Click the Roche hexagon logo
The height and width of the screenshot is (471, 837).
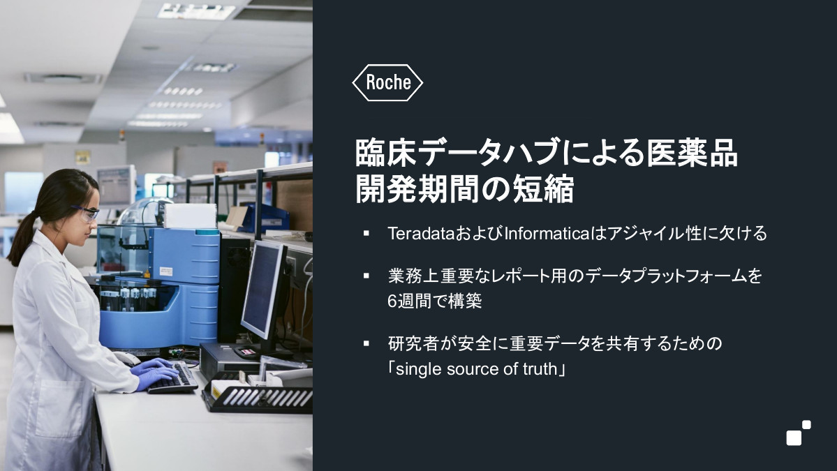(387, 82)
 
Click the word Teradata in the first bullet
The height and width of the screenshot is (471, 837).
(421, 234)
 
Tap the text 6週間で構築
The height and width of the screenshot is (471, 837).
(434, 301)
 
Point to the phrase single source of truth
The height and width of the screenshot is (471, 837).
(476, 368)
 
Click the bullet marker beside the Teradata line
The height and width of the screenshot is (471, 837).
(366, 233)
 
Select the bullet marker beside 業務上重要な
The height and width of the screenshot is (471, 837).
(366, 276)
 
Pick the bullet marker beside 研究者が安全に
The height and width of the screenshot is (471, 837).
(366, 343)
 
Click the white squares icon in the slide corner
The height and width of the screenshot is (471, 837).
(799, 433)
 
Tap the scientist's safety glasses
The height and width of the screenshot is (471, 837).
(85, 212)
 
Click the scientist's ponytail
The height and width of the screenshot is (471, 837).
(22, 239)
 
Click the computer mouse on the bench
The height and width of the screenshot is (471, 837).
(126, 358)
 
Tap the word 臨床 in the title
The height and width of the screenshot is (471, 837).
(385, 153)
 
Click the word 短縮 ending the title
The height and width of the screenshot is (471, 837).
(543, 188)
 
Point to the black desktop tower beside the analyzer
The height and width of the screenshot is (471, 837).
(234, 289)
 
